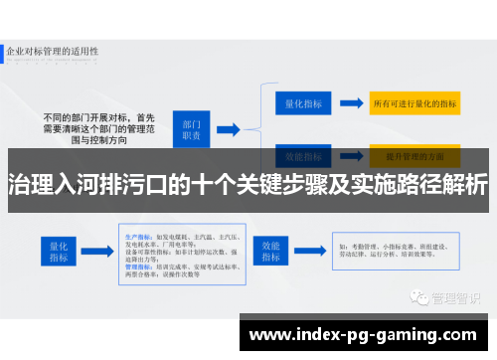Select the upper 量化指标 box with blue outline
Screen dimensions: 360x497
[x=302, y=101]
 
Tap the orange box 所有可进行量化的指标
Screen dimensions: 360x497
[x=414, y=101]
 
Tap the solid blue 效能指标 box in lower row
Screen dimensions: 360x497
[x=272, y=249]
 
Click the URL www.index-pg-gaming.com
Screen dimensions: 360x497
[x=367, y=333]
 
